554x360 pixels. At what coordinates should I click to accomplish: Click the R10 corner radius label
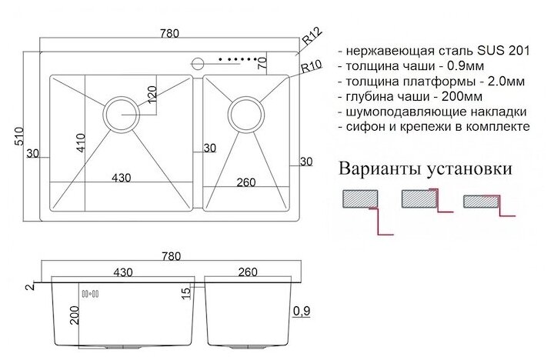coord(311,67)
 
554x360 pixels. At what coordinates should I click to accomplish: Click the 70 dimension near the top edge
coord(262,62)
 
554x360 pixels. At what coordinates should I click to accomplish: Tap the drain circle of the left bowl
coord(122,113)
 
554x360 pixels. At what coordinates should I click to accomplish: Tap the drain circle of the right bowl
coord(244,113)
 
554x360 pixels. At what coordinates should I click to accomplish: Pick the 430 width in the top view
coord(120,178)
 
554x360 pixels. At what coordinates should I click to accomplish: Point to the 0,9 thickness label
coord(302,312)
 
